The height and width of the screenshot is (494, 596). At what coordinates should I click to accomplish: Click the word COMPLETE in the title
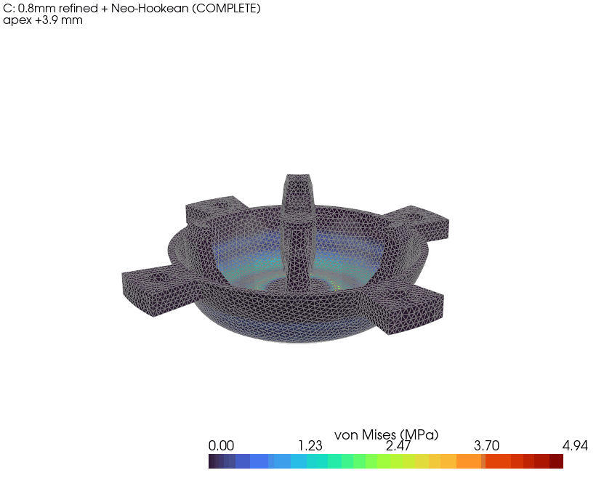[x=226, y=9]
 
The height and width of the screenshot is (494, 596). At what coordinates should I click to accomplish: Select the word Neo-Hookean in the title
[x=150, y=8]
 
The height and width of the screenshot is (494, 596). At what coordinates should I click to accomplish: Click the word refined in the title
[x=78, y=8]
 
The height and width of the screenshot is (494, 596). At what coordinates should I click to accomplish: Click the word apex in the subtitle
[x=17, y=21]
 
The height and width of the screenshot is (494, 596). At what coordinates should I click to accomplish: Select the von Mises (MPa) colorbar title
[x=386, y=434]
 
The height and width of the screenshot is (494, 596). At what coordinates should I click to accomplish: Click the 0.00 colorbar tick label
[x=221, y=445]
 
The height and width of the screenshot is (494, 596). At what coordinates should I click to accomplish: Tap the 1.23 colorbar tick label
[x=310, y=445]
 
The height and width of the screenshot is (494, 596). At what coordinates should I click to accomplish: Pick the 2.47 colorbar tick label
[x=398, y=445]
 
